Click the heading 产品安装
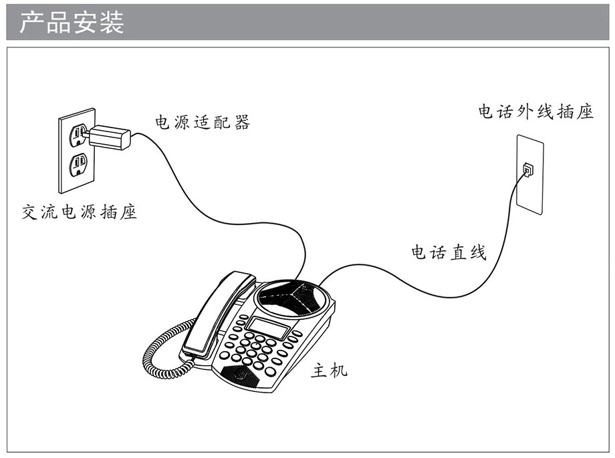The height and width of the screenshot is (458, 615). pyautogui.click(x=72, y=22)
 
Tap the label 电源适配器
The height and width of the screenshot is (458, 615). pyautogui.click(x=203, y=122)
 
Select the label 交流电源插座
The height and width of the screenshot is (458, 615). pyautogui.click(x=80, y=212)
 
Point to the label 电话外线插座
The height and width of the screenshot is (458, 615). pyautogui.click(x=535, y=111)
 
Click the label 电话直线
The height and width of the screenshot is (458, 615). pyautogui.click(x=449, y=252)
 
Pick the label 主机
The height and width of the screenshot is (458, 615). pyautogui.click(x=329, y=369)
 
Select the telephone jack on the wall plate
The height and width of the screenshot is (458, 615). pyautogui.click(x=528, y=170)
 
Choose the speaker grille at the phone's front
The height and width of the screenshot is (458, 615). pyautogui.click(x=241, y=375)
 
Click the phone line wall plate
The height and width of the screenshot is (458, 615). pyautogui.click(x=530, y=174)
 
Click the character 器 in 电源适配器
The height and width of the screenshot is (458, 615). pyautogui.click(x=242, y=122)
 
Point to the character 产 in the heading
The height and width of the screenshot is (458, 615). pyautogui.click(x=32, y=22)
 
